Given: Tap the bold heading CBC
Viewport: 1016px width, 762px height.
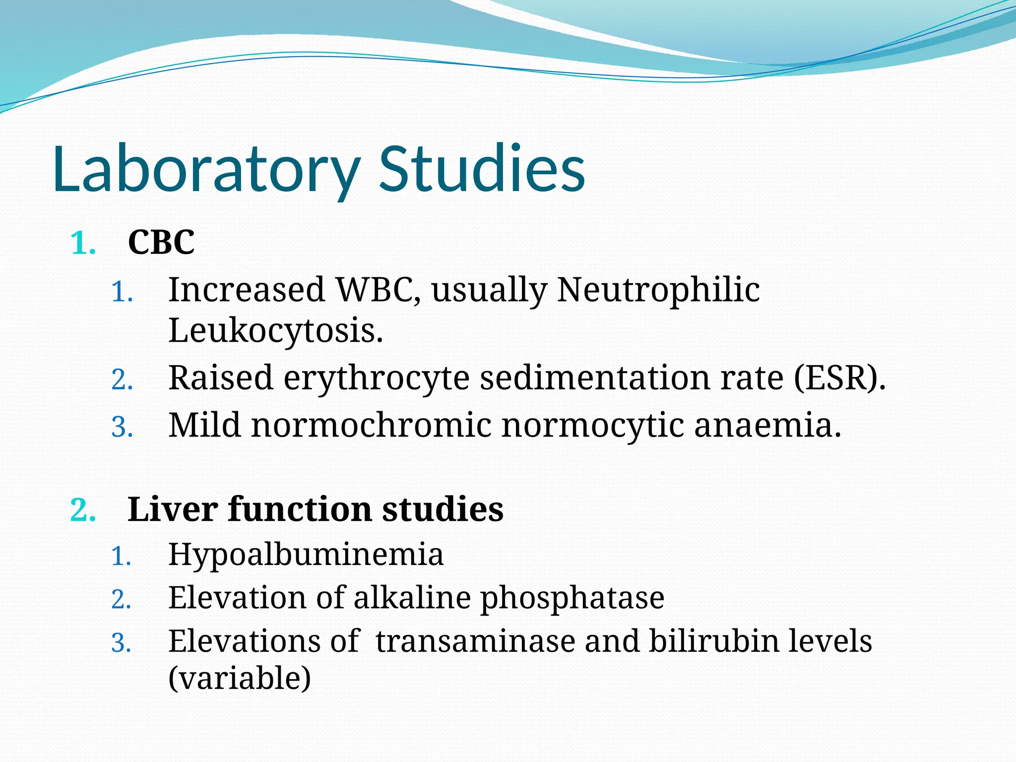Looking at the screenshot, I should click(161, 243).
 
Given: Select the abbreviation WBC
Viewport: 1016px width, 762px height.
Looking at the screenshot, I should click(378, 290).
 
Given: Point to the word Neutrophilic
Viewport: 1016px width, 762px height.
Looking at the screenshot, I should click(658, 291).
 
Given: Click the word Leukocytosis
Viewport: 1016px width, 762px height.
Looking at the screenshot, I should click(275, 331).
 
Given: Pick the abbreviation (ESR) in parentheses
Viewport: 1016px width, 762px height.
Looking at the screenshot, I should click(839, 378).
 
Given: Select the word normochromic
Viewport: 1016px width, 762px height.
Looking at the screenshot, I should click(372, 425).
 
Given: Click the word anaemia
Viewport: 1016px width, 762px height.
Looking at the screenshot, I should click(767, 426).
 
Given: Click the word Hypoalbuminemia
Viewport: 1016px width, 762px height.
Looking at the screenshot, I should click(306, 555).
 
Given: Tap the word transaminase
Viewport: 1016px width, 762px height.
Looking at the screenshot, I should click(475, 641).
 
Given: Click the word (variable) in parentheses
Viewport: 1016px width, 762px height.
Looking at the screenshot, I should click(240, 678).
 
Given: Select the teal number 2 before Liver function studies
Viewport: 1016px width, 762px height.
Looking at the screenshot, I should click(82, 510).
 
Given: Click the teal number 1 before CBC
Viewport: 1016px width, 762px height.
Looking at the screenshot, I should click(82, 244).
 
